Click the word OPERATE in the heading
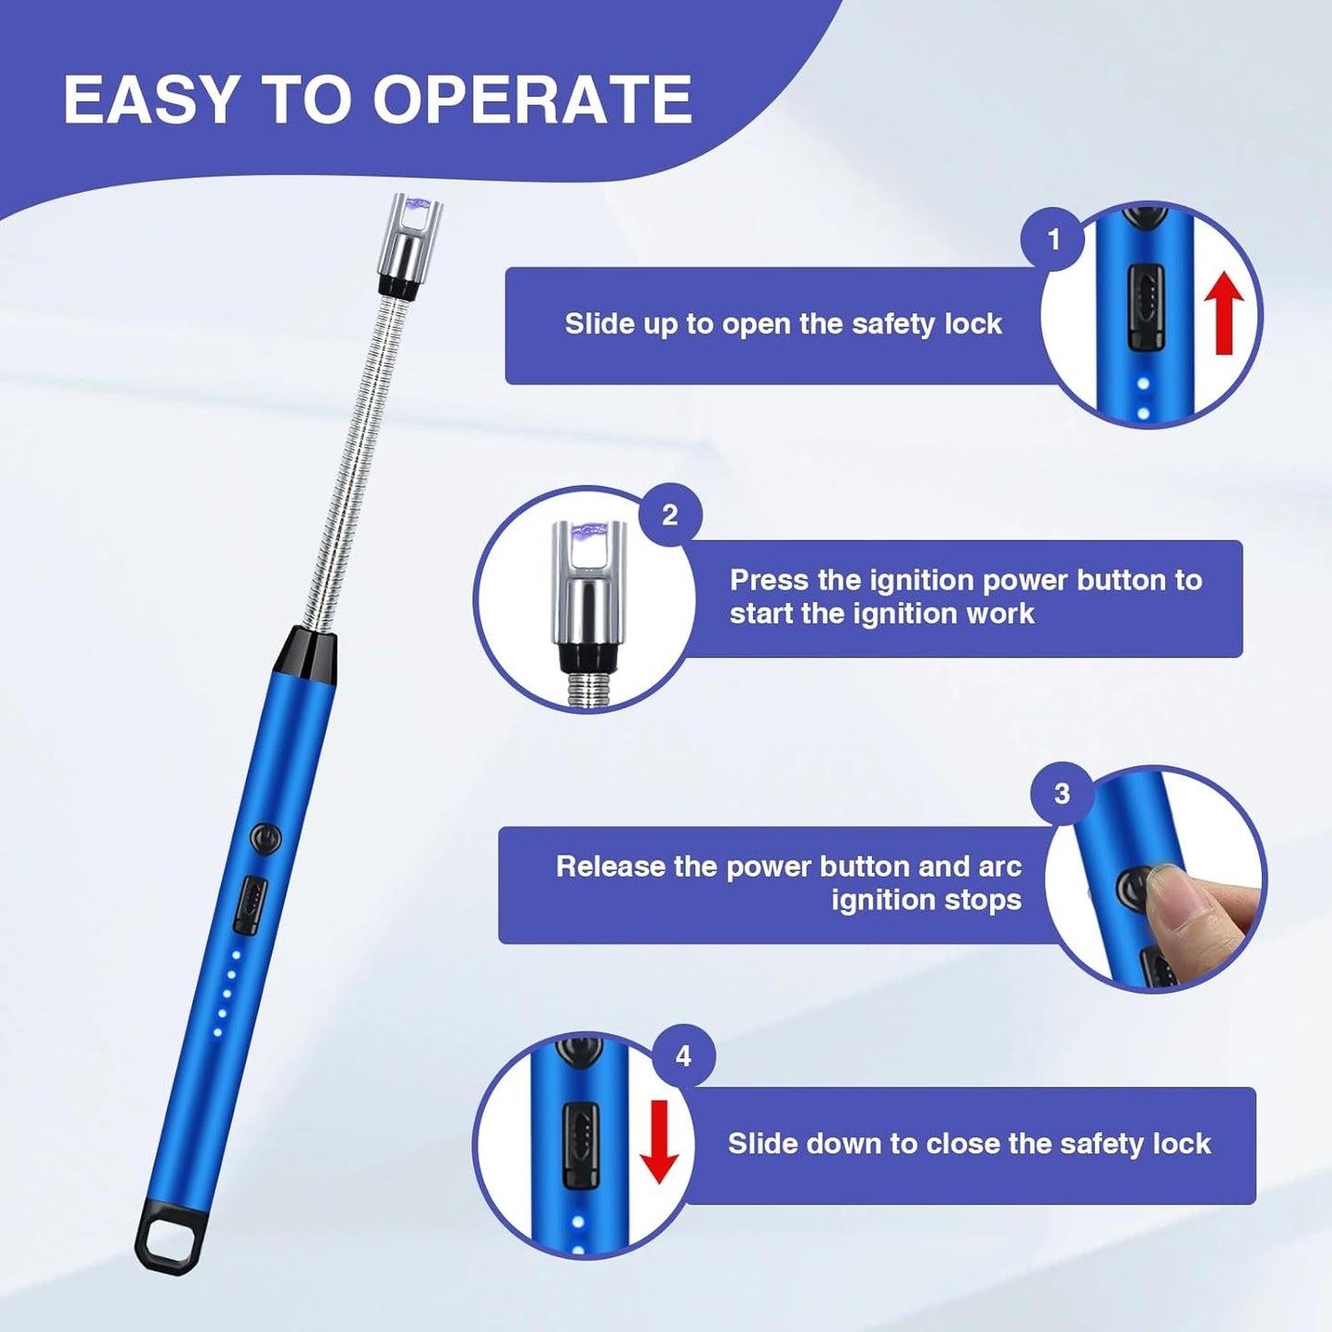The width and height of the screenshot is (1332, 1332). coord(532,100)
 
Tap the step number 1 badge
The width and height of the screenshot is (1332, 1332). coord(1054,240)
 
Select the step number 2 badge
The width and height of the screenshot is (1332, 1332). coord(670,514)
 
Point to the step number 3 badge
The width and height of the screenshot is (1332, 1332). coord(1062,794)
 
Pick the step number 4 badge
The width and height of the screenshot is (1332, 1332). coord(683,1055)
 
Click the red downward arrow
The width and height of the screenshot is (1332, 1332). coord(659,1141)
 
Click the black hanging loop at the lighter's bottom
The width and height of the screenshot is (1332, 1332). coord(170,1241)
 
